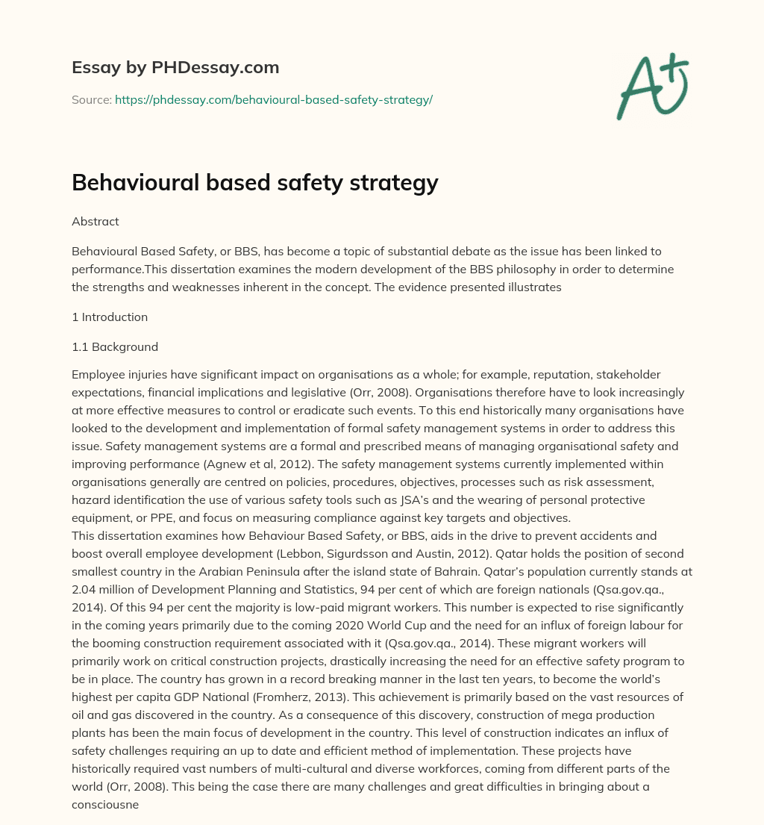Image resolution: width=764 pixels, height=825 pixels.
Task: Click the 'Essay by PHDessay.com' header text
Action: coord(175,68)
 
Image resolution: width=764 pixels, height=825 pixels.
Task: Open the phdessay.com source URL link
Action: coord(273,99)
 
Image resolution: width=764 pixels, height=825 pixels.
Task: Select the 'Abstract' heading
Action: coord(95,222)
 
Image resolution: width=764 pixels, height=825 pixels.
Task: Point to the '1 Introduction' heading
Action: coord(110,317)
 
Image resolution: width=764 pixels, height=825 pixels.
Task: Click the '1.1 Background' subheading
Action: coord(115,347)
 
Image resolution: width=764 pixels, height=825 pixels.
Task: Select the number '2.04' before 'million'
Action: coord(84,591)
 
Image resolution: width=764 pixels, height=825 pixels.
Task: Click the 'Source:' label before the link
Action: coord(92,99)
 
